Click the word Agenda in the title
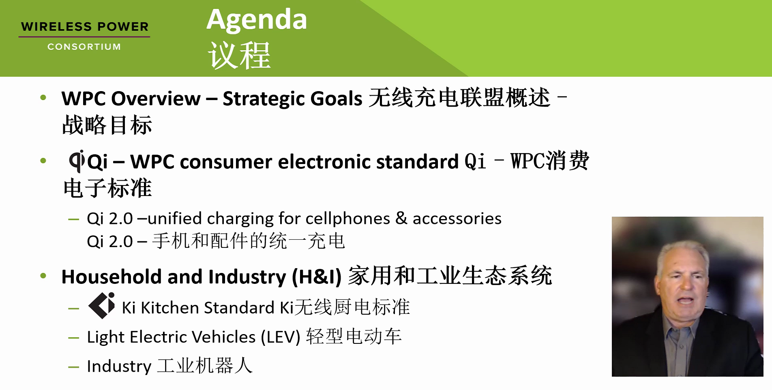pyautogui.click(x=257, y=20)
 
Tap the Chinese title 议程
pyautogui.click(x=239, y=55)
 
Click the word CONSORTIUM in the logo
pyautogui.click(x=84, y=47)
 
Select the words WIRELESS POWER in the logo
pyautogui.click(x=85, y=27)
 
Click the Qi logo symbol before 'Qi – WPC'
pyautogui.click(x=77, y=161)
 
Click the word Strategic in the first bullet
pyautogui.click(x=264, y=99)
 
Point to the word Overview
pyautogui.click(x=156, y=98)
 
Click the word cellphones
pyautogui.click(x=347, y=219)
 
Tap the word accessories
pyautogui.click(x=457, y=219)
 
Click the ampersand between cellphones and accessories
pyautogui.click(x=401, y=218)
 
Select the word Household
pyautogui.click(x=112, y=277)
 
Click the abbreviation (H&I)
pyautogui.click(x=317, y=277)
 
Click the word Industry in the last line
pyautogui.click(x=119, y=367)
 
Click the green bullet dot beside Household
pyautogui.click(x=43, y=276)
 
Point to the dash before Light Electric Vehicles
pyautogui.click(x=74, y=338)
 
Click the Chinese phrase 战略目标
pyautogui.click(x=107, y=125)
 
